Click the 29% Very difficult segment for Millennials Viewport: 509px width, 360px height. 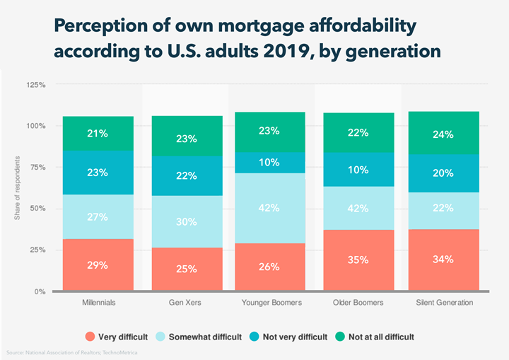pyautogui.click(x=98, y=265)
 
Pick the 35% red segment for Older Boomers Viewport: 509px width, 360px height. pyautogui.click(x=359, y=260)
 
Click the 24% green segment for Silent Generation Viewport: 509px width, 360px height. pyautogui.click(x=443, y=134)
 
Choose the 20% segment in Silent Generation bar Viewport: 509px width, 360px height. pyautogui.click(x=443, y=173)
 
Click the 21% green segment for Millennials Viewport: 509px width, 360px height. pyautogui.click(x=98, y=133)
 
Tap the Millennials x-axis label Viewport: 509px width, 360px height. pyautogui.click(x=98, y=303)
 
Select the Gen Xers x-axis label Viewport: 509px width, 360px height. pyautogui.click(x=186, y=303)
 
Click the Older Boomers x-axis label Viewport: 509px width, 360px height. pyautogui.click(x=359, y=303)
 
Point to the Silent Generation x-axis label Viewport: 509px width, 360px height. pyautogui.click(x=443, y=303)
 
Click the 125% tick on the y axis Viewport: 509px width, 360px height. pyautogui.click(x=36, y=85)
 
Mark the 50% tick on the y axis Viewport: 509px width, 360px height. pyautogui.click(x=38, y=209)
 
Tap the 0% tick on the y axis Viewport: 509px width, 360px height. pyautogui.click(x=40, y=291)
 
